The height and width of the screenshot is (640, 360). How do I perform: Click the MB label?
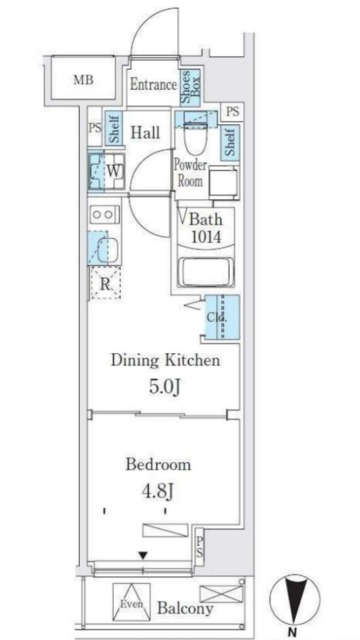[83, 80]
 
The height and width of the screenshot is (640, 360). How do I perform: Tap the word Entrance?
[153, 85]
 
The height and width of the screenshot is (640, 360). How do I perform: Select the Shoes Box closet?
[190, 86]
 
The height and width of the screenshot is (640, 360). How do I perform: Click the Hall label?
[145, 132]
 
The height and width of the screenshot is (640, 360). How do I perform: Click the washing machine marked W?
[107, 171]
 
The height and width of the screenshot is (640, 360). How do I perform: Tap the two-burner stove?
[104, 215]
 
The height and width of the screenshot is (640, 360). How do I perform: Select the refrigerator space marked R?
[105, 283]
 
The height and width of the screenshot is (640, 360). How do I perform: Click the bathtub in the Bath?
[207, 272]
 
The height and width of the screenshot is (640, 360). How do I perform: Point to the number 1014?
[206, 236]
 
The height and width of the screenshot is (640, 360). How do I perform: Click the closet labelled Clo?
[222, 317]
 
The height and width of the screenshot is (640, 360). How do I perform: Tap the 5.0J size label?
[164, 387]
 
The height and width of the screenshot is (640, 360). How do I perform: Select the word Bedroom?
[158, 464]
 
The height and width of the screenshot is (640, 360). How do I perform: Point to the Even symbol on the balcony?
[131, 602]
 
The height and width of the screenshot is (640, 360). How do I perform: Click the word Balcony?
[185, 609]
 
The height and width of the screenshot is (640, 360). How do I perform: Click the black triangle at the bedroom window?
[142, 555]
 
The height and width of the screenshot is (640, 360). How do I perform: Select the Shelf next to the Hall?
[114, 128]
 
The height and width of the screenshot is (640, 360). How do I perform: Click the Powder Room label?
[190, 173]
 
